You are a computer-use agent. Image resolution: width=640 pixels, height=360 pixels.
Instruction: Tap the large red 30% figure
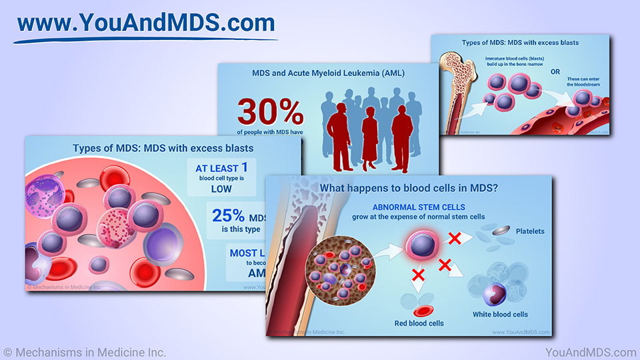pos(270,111)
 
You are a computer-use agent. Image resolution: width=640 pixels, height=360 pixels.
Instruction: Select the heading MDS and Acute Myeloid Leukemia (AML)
pos(328,73)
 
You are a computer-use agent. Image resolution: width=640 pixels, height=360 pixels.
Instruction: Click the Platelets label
pos(530,231)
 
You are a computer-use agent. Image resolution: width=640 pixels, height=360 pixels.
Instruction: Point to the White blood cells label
pos(503,314)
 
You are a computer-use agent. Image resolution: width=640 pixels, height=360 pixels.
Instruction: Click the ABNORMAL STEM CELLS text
pos(419,207)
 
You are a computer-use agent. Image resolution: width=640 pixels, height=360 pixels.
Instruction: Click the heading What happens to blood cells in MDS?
pos(409,189)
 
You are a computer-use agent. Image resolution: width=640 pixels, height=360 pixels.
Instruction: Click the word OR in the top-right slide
pos(555,71)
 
